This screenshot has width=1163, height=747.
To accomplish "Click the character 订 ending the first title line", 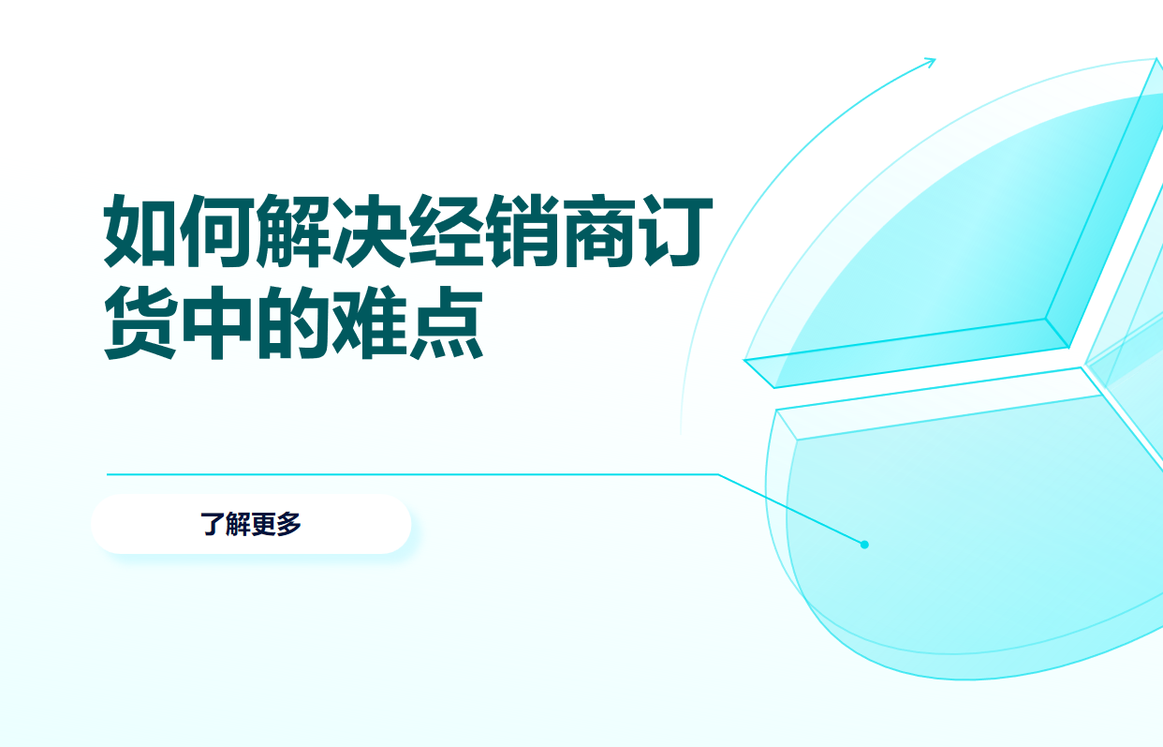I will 666,231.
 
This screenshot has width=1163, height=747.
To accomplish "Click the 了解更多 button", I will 251,524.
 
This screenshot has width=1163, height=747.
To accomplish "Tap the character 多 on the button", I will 289,524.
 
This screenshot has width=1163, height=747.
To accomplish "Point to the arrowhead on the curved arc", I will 931,63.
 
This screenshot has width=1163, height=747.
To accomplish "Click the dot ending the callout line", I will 864,545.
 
